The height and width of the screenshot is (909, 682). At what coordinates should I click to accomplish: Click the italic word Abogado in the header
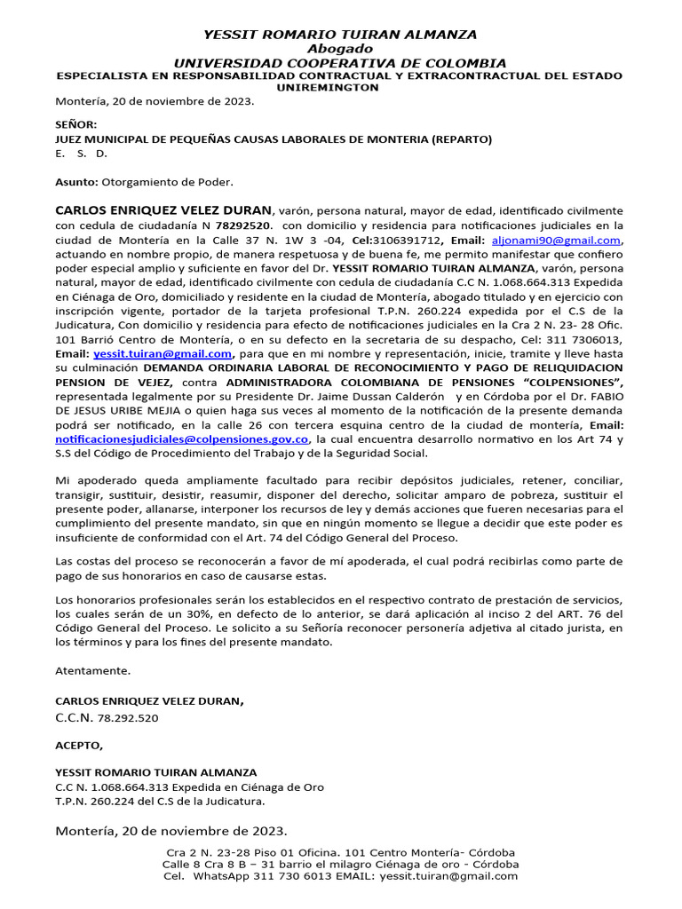click(x=340, y=49)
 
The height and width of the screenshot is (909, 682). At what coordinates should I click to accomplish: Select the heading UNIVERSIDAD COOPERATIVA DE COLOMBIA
click(x=340, y=63)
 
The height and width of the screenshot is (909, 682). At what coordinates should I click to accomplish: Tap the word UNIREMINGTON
click(x=340, y=89)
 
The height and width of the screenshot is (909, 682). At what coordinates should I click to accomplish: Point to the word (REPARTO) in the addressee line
click(x=462, y=139)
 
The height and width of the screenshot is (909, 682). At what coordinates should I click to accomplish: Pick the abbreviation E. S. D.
click(x=81, y=154)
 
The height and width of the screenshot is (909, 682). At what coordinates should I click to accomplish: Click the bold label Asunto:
click(x=77, y=182)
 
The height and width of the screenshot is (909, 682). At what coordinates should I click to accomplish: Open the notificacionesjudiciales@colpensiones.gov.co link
click(x=182, y=439)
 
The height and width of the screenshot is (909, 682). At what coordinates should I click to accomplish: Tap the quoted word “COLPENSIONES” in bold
click(x=573, y=383)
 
